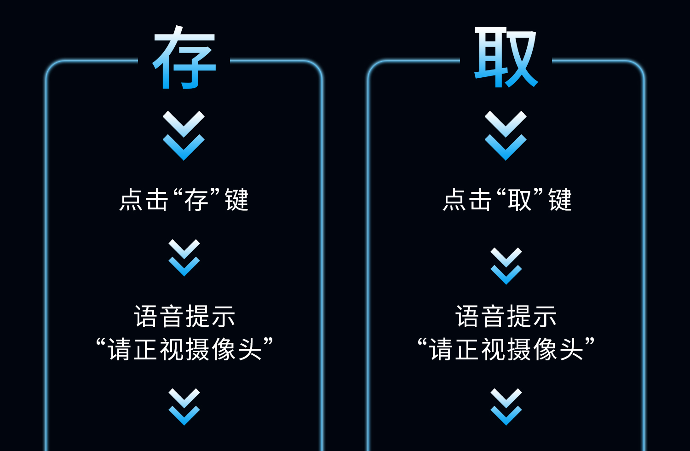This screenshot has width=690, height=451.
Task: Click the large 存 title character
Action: pyautogui.click(x=184, y=57)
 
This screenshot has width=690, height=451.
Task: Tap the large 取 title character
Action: pyautogui.click(x=506, y=57)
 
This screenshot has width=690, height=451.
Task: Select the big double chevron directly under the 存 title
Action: pyautogui.click(x=184, y=136)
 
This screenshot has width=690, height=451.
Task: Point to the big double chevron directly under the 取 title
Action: pyautogui.click(x=506, y=136)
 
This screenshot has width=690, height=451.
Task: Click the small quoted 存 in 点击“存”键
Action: pyautogui.click(x=196, y=200)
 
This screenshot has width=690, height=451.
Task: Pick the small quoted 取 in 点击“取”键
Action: pyautogui.click(x=519, y=200)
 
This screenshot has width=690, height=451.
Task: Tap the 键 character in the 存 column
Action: pyautogui.click(x=237, y=200)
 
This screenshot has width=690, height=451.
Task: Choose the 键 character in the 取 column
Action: pyautogui.click(x=560, y=200)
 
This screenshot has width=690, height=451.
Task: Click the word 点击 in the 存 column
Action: pyautogui.click(x=144, y=200)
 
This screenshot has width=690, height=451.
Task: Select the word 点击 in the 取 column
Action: pyautogui.click(x=467, y=200)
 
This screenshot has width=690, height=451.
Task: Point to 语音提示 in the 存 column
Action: pyautogui.click(x=184, y=317)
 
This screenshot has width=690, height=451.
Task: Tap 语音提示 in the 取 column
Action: pyautogui.click(x=506, y=317)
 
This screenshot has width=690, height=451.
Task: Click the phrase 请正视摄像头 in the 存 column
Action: pyautogui.click(x=184, y=349)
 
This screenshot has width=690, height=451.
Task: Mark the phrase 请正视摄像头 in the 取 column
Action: pyautogui.click(x=506, y=349)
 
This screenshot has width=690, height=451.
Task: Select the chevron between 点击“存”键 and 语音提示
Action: pyautogui.click(x=184, y=258)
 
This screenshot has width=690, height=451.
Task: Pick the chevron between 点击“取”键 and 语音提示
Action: pyautogui.click(x=506, y=266)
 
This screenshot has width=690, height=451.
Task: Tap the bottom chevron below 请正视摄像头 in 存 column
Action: pyautogui.click(x=184, y=407)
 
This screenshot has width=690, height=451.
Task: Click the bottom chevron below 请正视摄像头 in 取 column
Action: pyautogui.click(x=506, y=407)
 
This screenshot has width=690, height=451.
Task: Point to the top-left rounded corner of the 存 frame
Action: pyautogui.click(x=52, y=66)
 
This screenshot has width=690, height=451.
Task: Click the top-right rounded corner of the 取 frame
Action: pyautogui.click(x=638, y=66)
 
